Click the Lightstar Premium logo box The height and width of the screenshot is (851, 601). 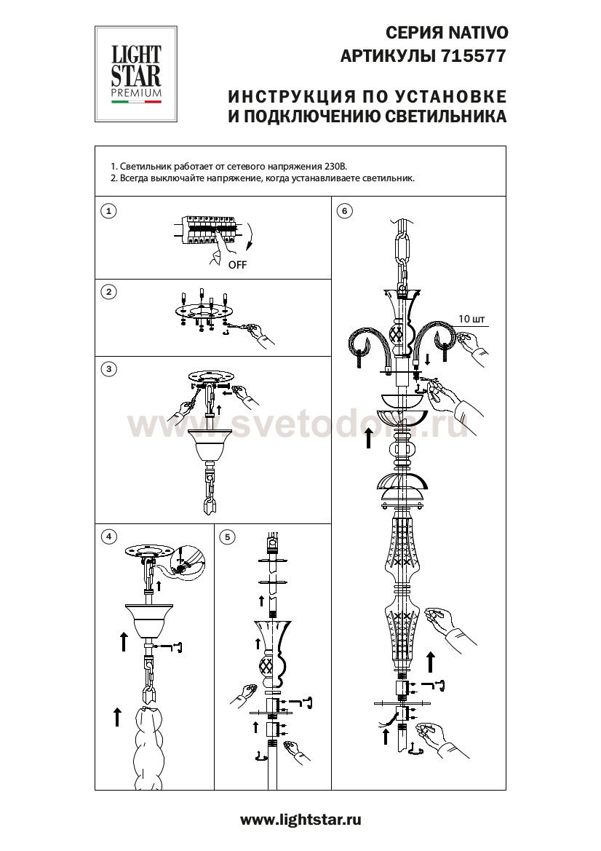[x=135, y=74]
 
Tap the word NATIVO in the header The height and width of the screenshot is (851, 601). [x=478, y=33]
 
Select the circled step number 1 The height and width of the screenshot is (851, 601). [x=109, y=210]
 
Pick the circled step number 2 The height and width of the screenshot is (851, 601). [x=109, y=292]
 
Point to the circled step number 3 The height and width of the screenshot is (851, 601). [x=109, y=369]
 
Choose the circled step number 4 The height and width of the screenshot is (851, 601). [x=109, y=537]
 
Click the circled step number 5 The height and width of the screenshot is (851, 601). [x=227, y=537]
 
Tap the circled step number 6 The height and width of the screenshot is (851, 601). [x=345, y=210]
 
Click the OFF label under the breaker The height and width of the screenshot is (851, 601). [x=237, y=265]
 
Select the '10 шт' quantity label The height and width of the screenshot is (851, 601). [x=472, y=319]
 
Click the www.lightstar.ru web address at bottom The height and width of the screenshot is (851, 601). [x=300, y=820]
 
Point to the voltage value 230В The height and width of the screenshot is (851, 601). [x=335, y=167]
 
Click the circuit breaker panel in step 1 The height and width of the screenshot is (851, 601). [x=208, y=229]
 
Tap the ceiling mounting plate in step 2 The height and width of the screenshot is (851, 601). [x=204, y=312]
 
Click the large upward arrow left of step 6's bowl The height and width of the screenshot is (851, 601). [x=368, y=438]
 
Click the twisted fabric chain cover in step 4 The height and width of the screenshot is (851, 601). [x=148, y=745]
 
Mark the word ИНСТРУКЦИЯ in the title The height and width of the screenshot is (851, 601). [x=288, y=97]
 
